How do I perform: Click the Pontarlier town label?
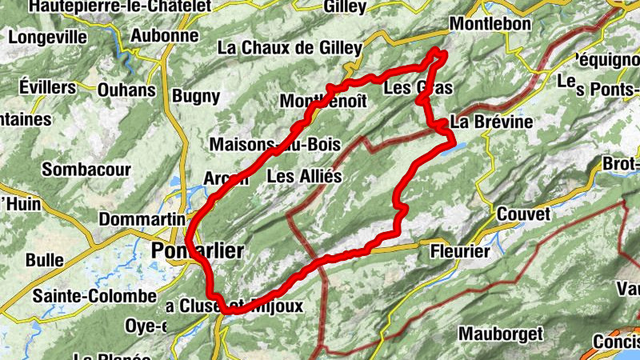coord(197,250)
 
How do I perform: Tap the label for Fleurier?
coord(459,251)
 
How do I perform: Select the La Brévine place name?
coord(491,122)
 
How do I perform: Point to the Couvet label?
coord(523,214)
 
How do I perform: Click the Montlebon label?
coord(490,25)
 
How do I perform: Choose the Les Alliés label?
coord(304,175)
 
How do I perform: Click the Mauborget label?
coord(501,332)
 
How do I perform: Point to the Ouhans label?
coord(126,90)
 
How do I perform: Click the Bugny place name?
coord(195,97)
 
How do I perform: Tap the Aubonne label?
coord(164,35)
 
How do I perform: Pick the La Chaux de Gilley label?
coord(290,48)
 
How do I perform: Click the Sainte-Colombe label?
coord(94,296)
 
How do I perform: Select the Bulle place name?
coord(45,260)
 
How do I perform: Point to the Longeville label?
coord(49,36)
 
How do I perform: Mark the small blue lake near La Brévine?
coord(454,147)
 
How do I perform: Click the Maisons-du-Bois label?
coord(274,145)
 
